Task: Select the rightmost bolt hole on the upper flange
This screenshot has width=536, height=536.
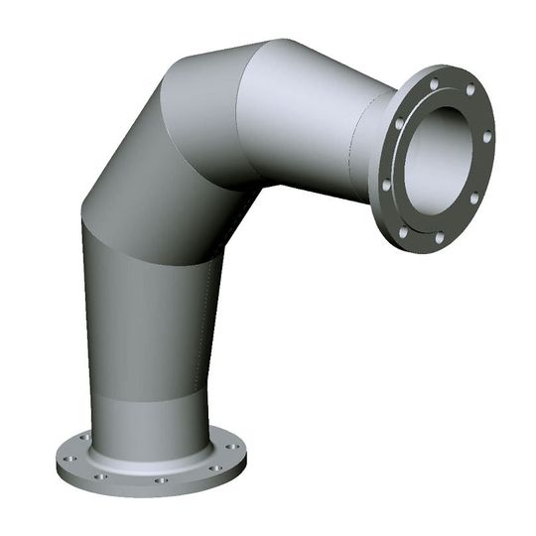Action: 486,136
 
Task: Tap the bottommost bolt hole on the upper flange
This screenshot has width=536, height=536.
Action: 438,238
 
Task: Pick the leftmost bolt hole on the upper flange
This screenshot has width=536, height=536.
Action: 385,185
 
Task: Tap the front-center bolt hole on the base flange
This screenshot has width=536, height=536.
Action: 160,480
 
